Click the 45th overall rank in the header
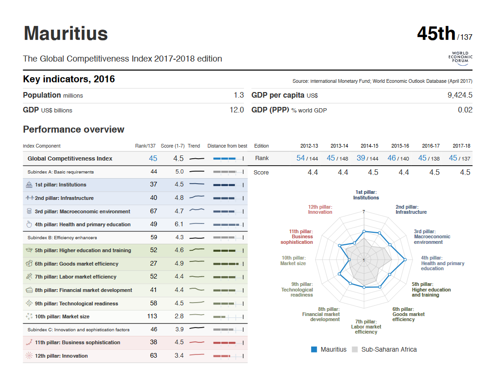coord(436,34)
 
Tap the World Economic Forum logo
coord(460,58)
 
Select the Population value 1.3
coord(239,95)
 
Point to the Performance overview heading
coord(73,130)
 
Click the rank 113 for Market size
coord(152,316)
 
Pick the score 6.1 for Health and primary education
coord(179,224)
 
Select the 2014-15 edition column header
coord(369,146)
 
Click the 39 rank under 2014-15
coord(361,158)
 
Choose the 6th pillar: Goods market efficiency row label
coord(77,264)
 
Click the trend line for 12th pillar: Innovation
coord(196,355)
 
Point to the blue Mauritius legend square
coord(314,349)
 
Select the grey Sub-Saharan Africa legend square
coord(355,349)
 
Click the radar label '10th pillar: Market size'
coord(293,260)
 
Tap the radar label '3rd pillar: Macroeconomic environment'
coord(432,236)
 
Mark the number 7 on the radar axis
coord(364,212)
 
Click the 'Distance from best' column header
coord(227,146)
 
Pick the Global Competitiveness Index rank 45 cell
coord(153,158)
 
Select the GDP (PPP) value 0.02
coord(465,110)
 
